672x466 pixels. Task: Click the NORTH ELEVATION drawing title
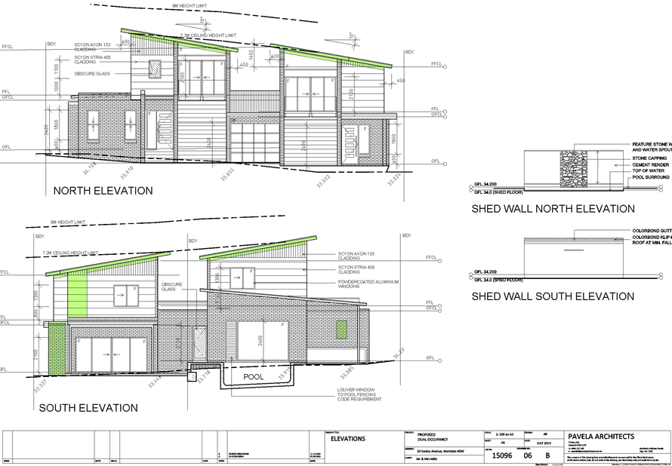(103, 191)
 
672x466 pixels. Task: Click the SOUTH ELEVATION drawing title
(88, 408)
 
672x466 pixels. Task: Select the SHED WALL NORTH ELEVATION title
(553, 209)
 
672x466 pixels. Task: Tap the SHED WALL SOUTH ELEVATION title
(553, 296)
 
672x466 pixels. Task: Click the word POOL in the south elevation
(251, 376)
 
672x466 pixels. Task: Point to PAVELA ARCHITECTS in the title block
(601, 437)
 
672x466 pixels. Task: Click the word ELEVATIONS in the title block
(349, 438)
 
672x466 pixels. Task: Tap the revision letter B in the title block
(548, 455)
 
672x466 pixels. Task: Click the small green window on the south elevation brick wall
(341, 329)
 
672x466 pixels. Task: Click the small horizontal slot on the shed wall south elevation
(574, 250)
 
